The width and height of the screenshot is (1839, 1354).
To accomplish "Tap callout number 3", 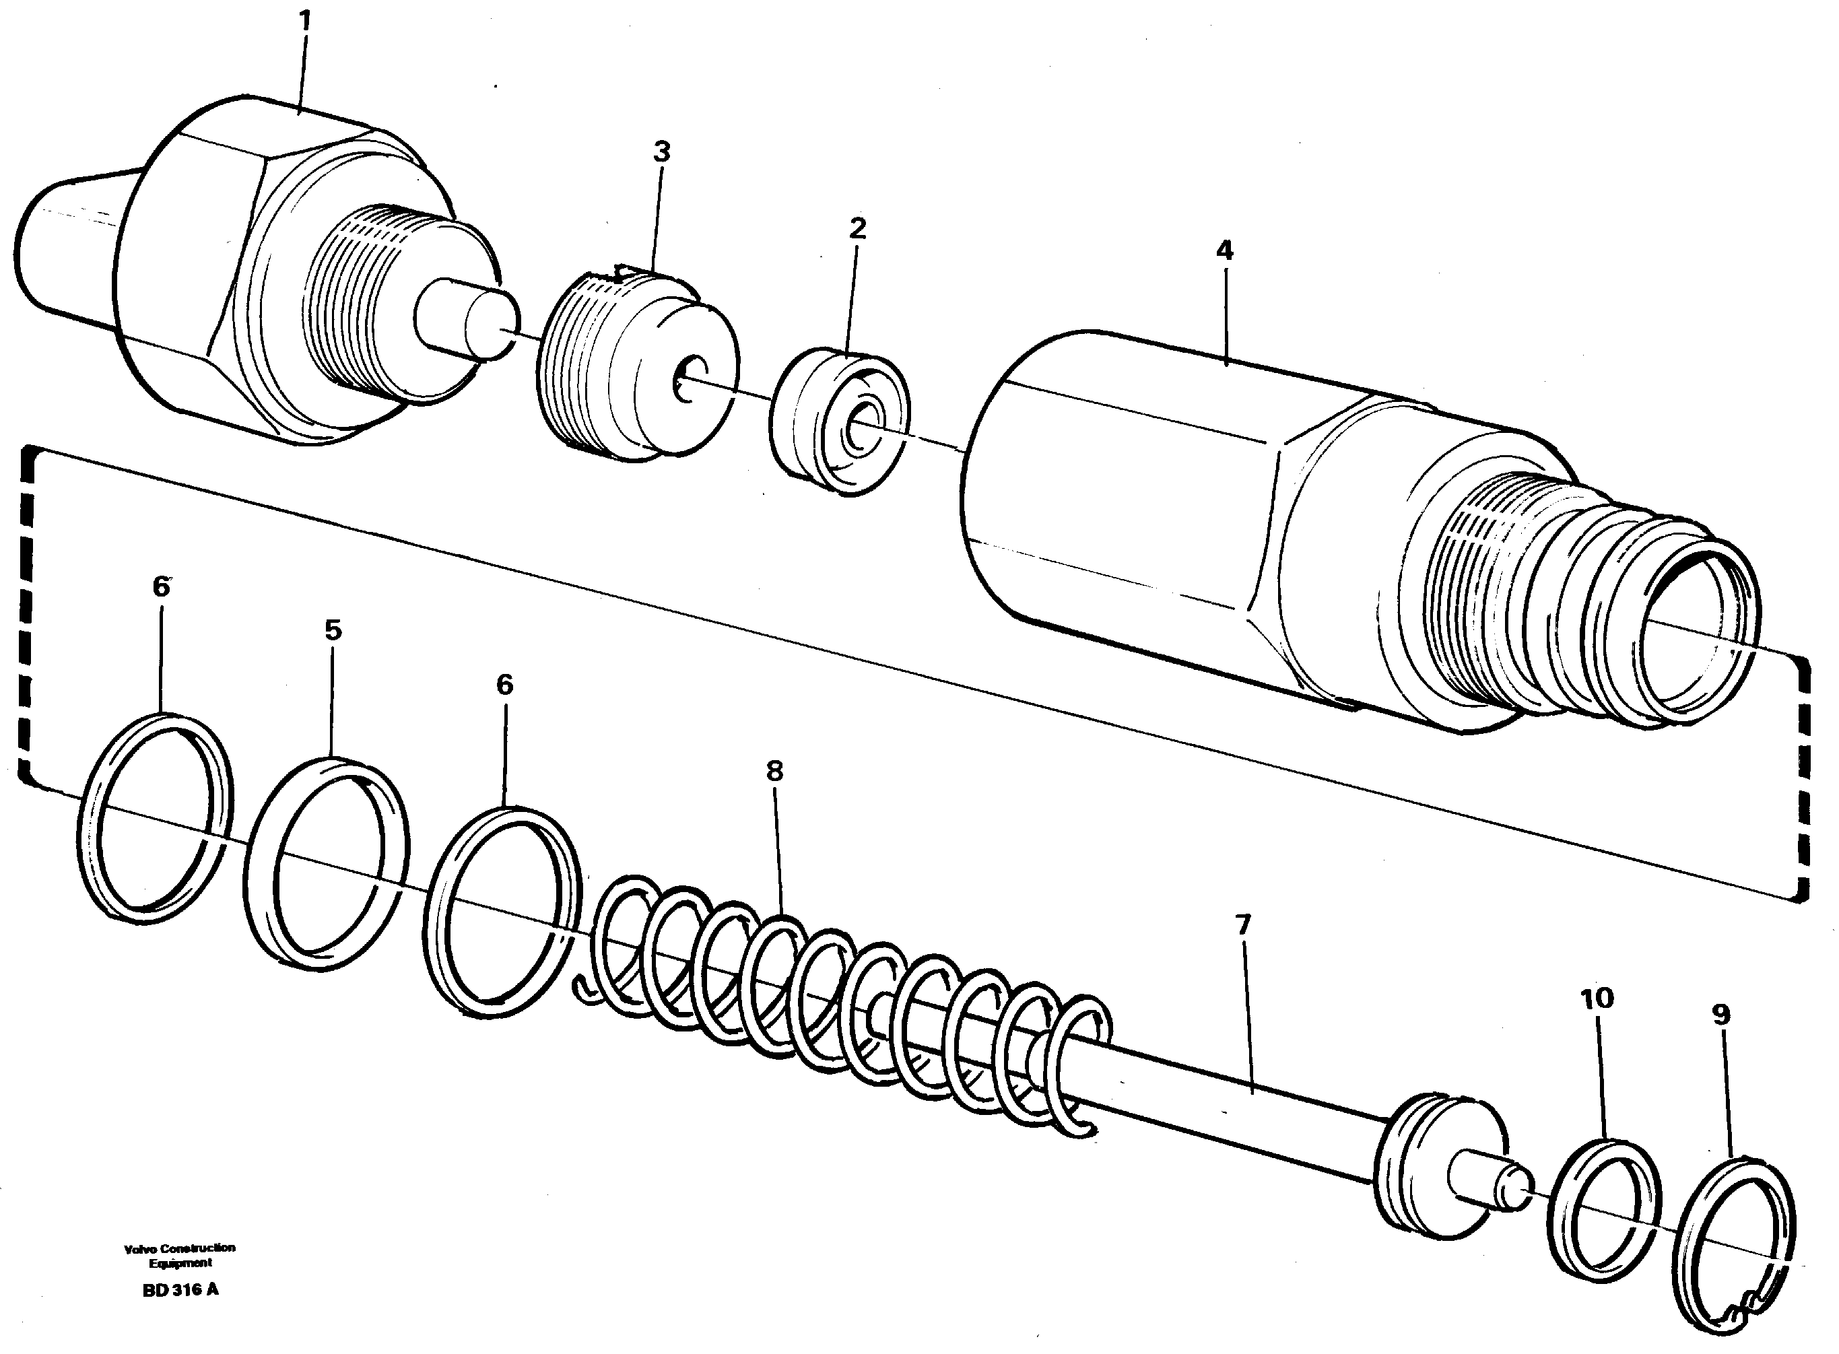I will tap(661, 151).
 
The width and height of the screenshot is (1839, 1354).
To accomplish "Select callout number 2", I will tap(857, 229).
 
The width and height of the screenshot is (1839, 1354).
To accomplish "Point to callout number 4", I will tap(1224, 250).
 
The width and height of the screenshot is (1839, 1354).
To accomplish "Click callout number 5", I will tap(333, 630).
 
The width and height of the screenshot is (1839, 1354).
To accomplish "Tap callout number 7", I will tap(1243, 925).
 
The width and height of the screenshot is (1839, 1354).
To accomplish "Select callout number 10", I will tap(1597, 998).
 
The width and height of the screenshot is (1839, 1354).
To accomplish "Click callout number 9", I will tap(1721, 1015).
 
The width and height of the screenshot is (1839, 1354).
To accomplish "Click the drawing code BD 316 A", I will tap(180, 1290).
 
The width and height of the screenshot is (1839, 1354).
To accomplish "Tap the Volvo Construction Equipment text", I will tap(180, 1255).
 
